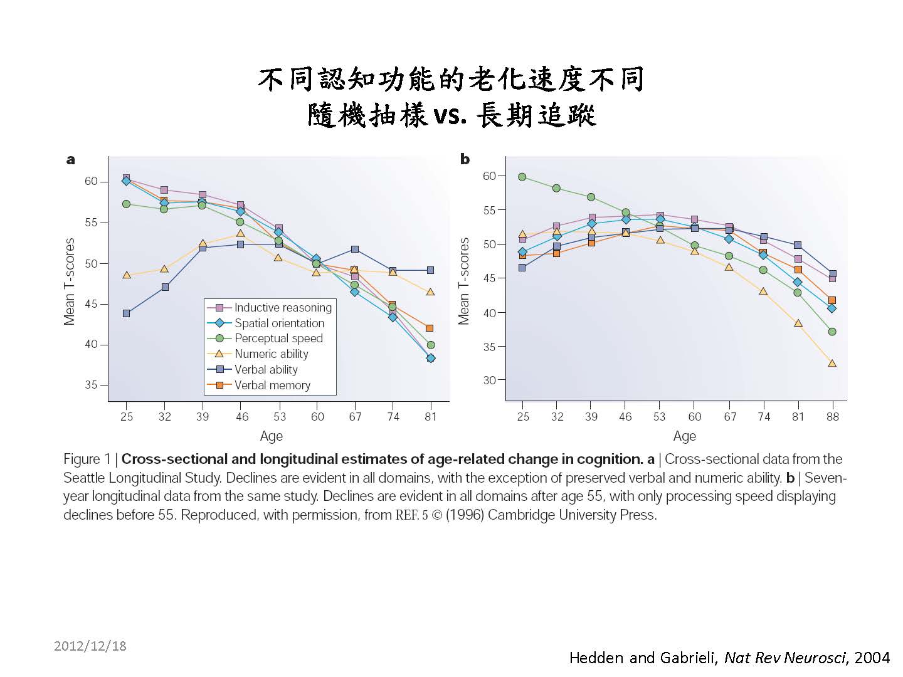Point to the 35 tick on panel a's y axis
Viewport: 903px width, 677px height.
[x=91, y=385]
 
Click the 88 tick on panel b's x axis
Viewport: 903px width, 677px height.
[x=832, y=416]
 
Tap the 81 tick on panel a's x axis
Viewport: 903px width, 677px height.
[x=430, y=416]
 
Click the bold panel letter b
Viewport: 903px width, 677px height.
[x=465, y=159]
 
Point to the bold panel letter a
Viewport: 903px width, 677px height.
[x=71, y=160]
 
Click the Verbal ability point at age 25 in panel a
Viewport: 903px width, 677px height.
[x=126, y=313]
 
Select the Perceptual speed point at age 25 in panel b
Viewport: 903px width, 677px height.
[x=522, y=177]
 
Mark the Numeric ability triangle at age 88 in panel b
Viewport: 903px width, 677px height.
[x=832, y=363]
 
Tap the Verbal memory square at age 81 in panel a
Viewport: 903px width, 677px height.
[x=430, y=328]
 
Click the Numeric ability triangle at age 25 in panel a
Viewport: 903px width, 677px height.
[x=126, y=275]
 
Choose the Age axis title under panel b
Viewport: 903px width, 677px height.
[x=684, y=436]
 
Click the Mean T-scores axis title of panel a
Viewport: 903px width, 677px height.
[x=70, y=281]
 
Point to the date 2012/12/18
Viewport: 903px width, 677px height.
[x=90, y=646]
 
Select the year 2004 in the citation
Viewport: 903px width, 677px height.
[x=872, y=658]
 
